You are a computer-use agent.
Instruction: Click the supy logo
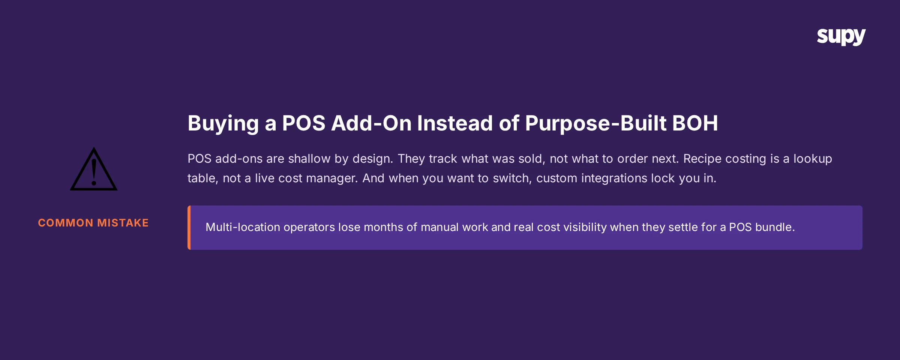(x=841, y=37)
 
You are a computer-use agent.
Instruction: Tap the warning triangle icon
(x=94, y=170)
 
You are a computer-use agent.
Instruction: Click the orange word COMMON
(x=66, y=223)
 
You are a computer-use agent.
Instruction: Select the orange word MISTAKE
(x=123, y=223)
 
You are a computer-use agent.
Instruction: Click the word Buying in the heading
(x=223, y=124)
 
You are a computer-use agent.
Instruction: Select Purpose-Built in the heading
(x=595, y=124)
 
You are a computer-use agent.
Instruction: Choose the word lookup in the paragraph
(x=813, y=159)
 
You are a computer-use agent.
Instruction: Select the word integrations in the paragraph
(x=614, y=178)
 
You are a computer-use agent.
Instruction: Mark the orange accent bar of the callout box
(x=189, y=228)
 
